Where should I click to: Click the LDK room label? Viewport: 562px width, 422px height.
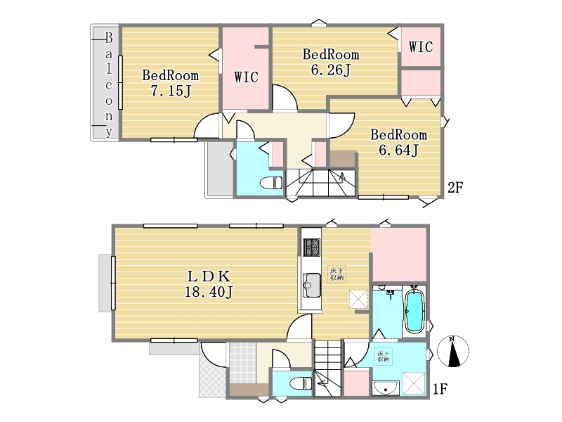pos(209,276)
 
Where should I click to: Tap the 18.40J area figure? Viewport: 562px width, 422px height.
pos(209,291)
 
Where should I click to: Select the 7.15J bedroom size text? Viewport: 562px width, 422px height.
pos(170,91)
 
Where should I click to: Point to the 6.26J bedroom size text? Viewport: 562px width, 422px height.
pos(330,70)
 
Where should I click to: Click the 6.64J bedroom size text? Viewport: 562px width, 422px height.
pos(398,150)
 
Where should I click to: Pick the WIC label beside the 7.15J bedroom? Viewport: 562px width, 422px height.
pos(247,77)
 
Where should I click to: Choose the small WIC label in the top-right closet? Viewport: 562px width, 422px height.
pos(421,47)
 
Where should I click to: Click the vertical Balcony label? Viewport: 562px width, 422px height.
pos(109,84)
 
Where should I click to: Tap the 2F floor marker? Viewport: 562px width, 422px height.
pos(455,187)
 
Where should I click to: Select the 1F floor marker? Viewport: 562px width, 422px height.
pos(440,389)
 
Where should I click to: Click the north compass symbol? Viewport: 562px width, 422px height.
pos(453,351)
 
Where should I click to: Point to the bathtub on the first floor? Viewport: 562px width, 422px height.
pos(414,311)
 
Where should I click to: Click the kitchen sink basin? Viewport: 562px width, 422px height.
pos(311,286)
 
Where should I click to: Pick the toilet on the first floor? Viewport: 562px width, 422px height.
pos(300,383)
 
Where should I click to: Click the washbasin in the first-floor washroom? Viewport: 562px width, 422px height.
pos(385,388)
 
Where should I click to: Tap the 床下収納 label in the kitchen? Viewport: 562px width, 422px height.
pos(336,274)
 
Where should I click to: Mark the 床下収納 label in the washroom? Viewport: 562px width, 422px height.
pos(383,357)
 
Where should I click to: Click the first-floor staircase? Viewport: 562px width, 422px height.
pos(328,368)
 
